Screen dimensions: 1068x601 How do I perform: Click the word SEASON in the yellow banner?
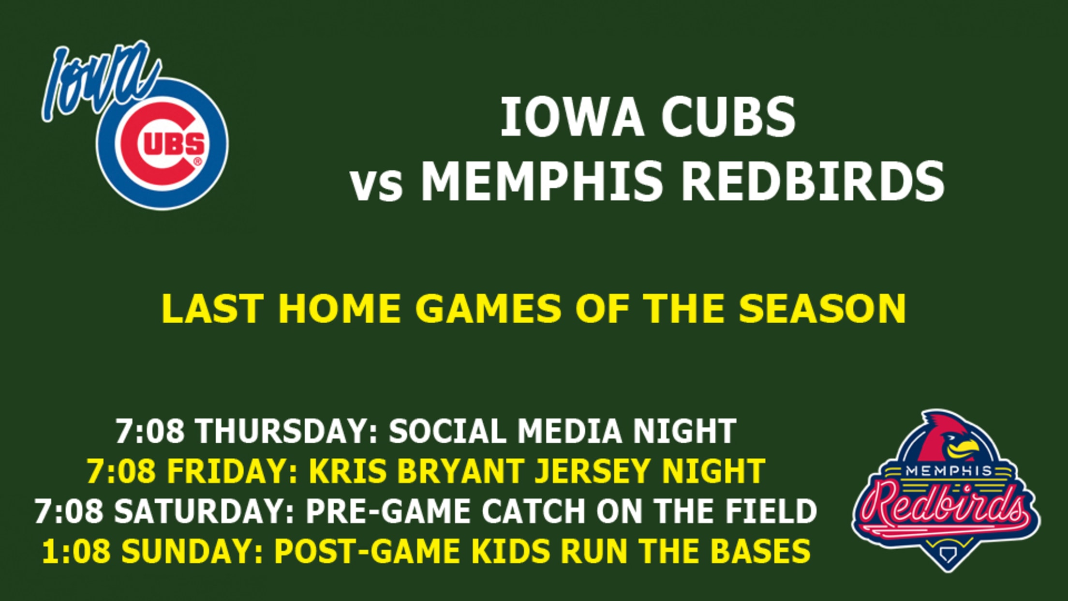(822, 308)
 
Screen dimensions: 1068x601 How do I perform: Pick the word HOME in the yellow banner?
(339, 308)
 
